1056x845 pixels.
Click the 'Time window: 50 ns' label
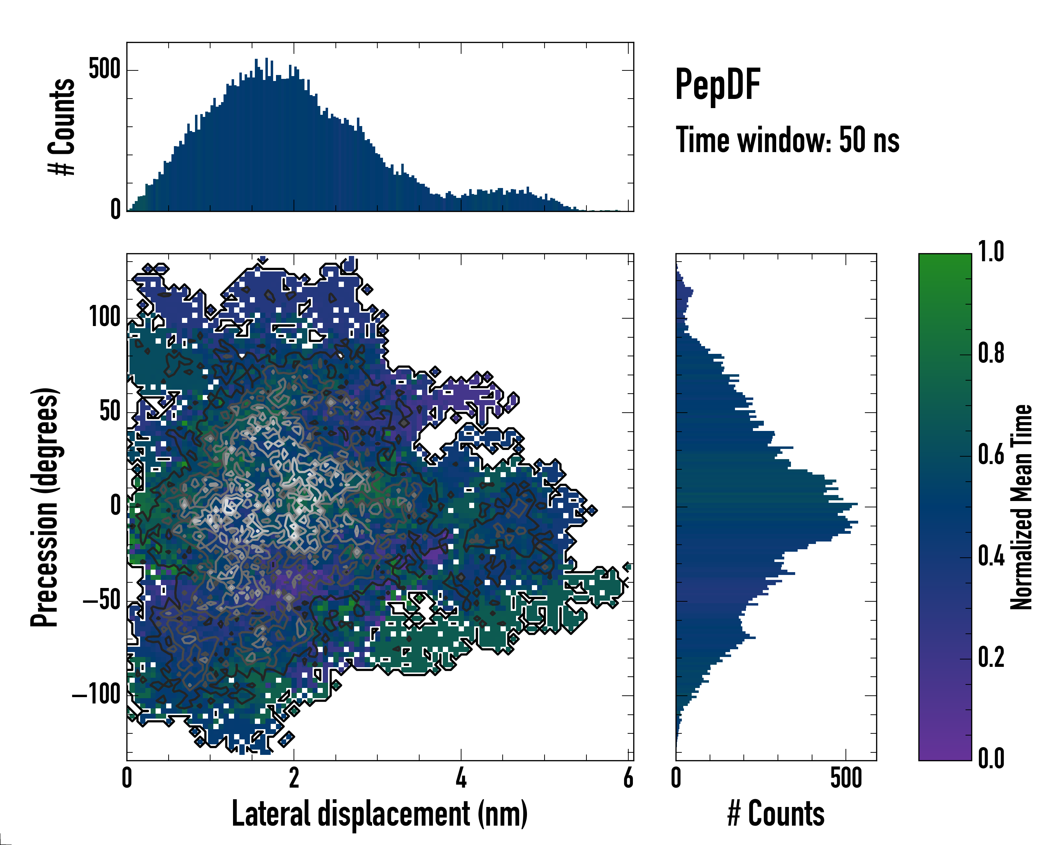(x=787, y=140)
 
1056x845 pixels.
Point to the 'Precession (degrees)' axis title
(x=45, y=507)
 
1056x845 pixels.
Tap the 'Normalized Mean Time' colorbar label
(x=1021, y=507)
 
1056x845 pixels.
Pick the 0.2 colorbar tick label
(x=991, y=657)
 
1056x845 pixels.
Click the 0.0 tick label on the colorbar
(x=991, y=758)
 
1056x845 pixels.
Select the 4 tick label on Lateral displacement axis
(x=461, y=779)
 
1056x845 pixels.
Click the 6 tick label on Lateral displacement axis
(x=628, y=779)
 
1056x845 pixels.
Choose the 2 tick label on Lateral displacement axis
(x=294, y=779)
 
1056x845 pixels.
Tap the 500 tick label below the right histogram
(x=846, y=779)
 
